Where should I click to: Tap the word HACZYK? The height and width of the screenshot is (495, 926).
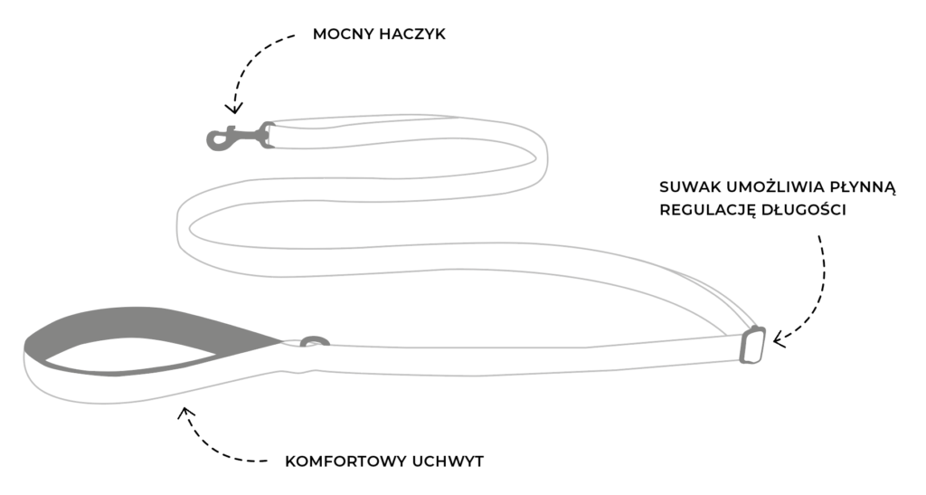(x=412, y=34)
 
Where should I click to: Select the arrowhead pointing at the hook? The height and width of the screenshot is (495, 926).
(x=233, y=109)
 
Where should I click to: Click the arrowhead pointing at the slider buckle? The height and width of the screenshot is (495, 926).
(x=780, y=341)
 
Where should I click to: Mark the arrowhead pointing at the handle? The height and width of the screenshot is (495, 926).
(x=185, y=413)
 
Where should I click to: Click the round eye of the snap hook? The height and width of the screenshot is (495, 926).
(x=217, y=140)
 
